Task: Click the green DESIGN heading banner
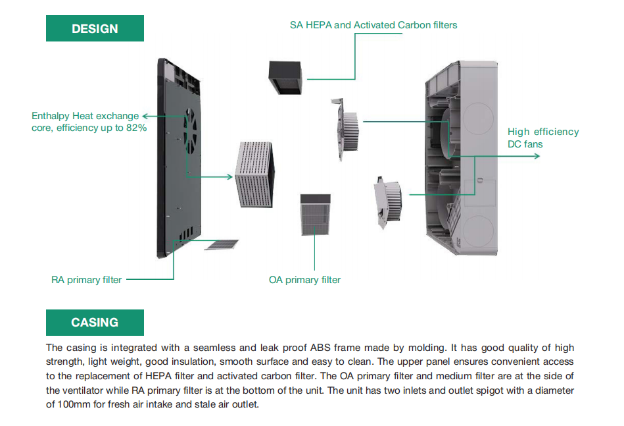(x=95, y=28)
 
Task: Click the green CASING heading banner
(x=95, y=323)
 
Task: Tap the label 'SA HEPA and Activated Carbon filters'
(x=373, y=25)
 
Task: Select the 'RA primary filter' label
(x=86, y=280)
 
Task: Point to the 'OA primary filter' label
(x=304, y=280)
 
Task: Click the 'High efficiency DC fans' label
(x=542, y=138)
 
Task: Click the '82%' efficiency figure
(x=134, y=128)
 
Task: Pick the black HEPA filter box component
(x=284, y=78)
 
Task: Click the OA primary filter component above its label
(x=316, y=214)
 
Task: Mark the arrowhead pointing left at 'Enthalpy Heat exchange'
(x=145, y=115)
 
